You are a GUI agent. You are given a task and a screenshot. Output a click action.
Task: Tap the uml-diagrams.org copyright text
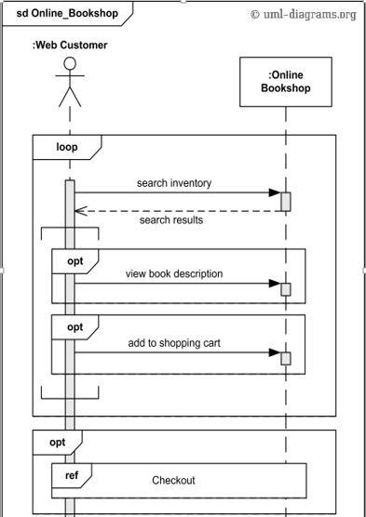click(x=304, y=14)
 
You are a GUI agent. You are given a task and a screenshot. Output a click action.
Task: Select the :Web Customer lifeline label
click(x=70, y=45)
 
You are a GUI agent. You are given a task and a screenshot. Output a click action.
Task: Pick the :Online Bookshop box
click(x=286, y=82)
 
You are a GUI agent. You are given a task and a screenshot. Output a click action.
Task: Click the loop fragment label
click(x=66, y=147)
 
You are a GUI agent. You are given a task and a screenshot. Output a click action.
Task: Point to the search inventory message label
click(x=173, y=183)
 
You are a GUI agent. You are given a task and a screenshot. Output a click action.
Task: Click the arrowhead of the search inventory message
click(x=274, y=193)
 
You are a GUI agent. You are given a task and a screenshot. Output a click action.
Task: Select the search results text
click(x=171, y=221)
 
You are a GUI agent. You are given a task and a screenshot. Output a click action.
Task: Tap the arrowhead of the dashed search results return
click(x=79, y=210)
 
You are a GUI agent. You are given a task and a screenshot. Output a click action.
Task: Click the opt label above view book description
click(x=75, y=261)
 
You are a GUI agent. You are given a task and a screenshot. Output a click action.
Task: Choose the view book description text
click(x=174, y=273)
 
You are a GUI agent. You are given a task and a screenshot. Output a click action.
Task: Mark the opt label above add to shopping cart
click(x=75, y=327)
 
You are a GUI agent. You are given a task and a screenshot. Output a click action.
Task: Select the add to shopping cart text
click(x=174, y=343)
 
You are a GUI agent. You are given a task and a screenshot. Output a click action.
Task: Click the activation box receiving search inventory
click(x=286, y=200)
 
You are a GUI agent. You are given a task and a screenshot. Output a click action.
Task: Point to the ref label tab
click(x=71, y=476)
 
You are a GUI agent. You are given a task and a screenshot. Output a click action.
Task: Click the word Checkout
click(x=173, y=480)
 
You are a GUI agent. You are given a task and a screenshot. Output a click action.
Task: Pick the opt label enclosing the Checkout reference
click(x=57, y=443)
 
